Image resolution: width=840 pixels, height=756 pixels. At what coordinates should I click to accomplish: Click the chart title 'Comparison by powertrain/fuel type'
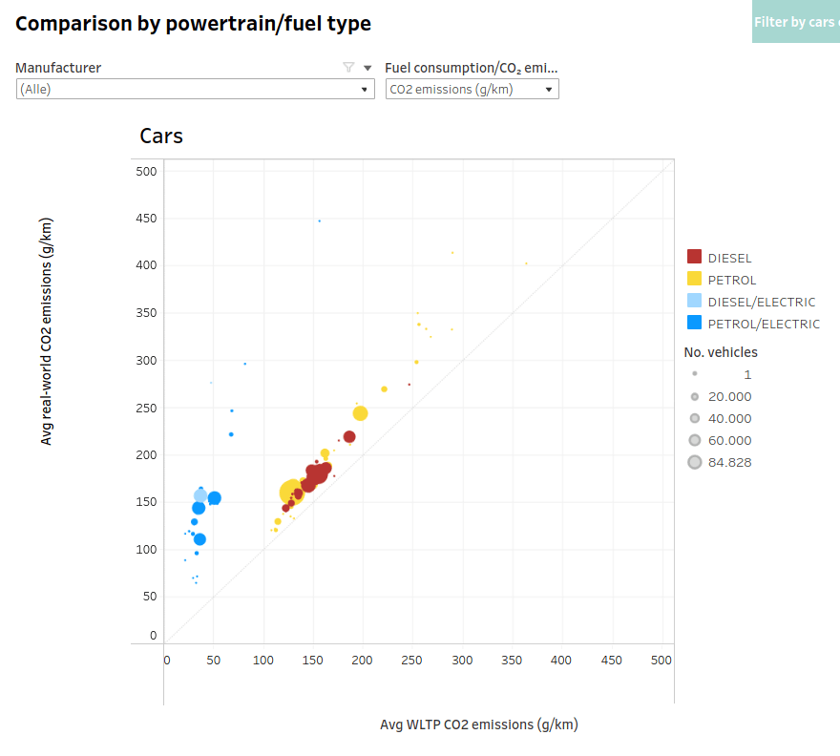coord(193,23)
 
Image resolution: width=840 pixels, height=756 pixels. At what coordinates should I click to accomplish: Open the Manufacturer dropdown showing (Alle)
coord(195,89)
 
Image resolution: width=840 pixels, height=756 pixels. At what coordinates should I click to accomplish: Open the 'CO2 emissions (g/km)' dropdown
coord(472,89)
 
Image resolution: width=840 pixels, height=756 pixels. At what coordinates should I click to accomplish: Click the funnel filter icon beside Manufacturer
coord(348,68)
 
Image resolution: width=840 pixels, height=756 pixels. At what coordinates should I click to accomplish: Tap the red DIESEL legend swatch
coord(694,257)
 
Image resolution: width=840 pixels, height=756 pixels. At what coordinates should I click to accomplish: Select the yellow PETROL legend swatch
coord(694,279)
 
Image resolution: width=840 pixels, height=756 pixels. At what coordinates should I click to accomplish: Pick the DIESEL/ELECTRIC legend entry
coord(761,302)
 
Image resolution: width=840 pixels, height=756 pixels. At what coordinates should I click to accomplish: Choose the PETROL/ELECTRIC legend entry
coord(763,324)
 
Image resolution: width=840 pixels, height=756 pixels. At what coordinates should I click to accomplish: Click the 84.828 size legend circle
coord(695,462)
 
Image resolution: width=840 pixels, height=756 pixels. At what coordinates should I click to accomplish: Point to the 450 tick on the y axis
coord(145,218)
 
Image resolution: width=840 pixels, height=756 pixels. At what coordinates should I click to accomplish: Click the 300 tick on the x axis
coord(462,660)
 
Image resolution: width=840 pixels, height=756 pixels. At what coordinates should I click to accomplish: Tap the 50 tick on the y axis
coord(149,597)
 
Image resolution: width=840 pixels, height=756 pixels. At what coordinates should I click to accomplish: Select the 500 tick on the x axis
coord(661,660)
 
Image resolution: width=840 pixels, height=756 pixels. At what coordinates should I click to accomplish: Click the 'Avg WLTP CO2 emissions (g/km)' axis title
coord(478,724)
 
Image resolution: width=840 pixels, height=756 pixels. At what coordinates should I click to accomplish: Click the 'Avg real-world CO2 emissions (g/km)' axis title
coord(47,331)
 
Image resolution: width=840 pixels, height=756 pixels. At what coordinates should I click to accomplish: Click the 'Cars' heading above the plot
coord(161,136)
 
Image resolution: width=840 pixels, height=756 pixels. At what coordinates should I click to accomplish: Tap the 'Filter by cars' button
coord(795,22)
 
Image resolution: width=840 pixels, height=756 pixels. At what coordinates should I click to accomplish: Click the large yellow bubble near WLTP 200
coord(360,413)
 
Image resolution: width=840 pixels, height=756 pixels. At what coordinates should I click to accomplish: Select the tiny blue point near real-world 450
coord(319,220)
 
